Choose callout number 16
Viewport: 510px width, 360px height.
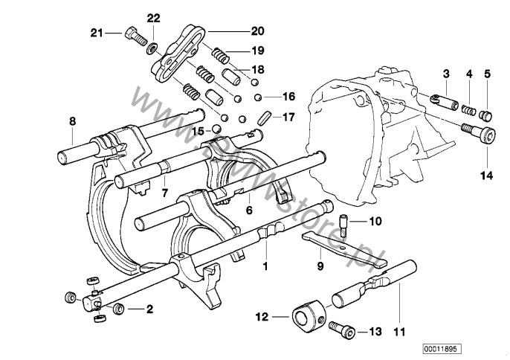click(288, 97)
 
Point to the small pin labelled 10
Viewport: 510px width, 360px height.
click(343, 222)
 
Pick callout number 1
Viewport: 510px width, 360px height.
click(264, 263)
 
